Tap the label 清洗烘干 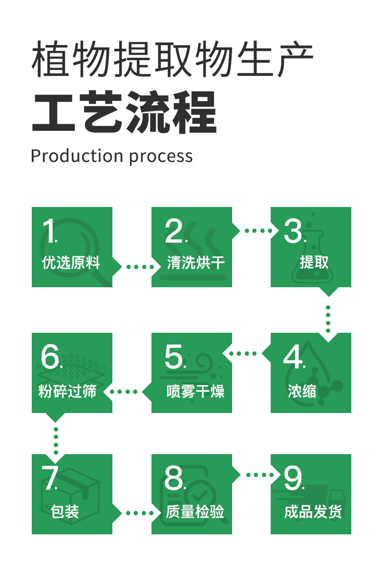click(195, 263)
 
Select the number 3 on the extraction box click(294, 231)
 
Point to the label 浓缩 click(301, 391)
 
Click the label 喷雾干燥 click(195, 391)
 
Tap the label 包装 click(64, 512)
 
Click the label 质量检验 click(195, 512)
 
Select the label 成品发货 click(313, 512)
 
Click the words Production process click(111, 156)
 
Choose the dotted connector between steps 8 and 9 click(260, 475)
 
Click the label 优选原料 click(71, 263)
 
